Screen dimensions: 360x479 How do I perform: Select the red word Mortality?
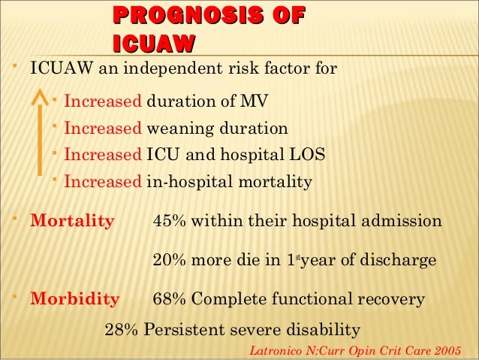72,222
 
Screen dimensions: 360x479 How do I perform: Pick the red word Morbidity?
74,299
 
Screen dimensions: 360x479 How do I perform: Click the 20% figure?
170,261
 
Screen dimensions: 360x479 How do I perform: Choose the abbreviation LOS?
309,155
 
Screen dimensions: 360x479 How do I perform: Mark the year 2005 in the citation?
447,350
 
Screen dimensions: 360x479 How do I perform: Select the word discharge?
400,261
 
